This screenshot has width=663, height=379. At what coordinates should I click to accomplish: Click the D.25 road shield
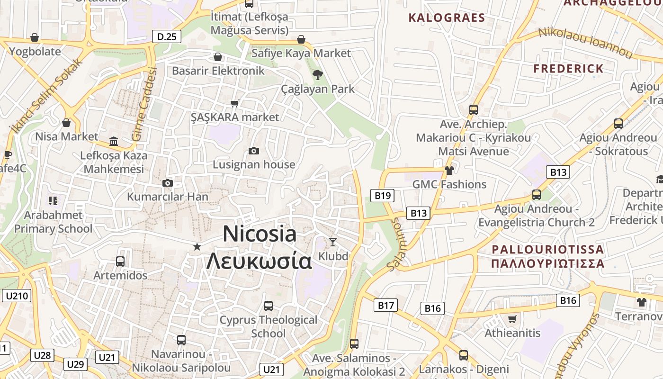[167, 36]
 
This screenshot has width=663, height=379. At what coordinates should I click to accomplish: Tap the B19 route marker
[382, 195]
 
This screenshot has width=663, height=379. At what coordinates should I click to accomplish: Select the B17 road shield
[385, 306]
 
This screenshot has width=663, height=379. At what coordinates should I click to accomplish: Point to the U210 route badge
[17, 296]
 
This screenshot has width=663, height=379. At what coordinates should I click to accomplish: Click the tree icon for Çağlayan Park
[317, 74]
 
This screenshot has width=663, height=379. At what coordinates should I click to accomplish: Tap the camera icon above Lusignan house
[254, 151]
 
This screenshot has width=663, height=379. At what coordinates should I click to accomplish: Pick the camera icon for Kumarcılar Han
[167, 183]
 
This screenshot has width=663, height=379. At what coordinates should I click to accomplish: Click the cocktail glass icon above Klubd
[333, 242]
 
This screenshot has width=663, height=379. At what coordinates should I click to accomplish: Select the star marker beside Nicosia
[197, 246]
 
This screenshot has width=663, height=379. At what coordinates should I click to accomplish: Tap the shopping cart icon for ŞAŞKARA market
[234, 103]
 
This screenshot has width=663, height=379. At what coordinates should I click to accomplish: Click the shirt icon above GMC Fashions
[449, 171]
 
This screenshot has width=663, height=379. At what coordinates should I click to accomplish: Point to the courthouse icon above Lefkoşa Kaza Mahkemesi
[114, 141]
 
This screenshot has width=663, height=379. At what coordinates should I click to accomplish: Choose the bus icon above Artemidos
[120, 261]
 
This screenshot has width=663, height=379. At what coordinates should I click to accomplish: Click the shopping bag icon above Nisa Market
[66, 123]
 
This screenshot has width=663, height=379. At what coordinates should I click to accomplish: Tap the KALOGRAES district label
[447, 18]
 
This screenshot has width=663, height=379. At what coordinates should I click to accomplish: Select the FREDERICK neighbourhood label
[568, 68]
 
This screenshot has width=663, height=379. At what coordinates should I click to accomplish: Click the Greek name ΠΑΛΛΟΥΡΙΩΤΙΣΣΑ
[547, 263]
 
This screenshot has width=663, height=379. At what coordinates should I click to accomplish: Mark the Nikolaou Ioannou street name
[585, 43]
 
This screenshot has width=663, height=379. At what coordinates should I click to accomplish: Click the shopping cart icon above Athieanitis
[512, 319]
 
